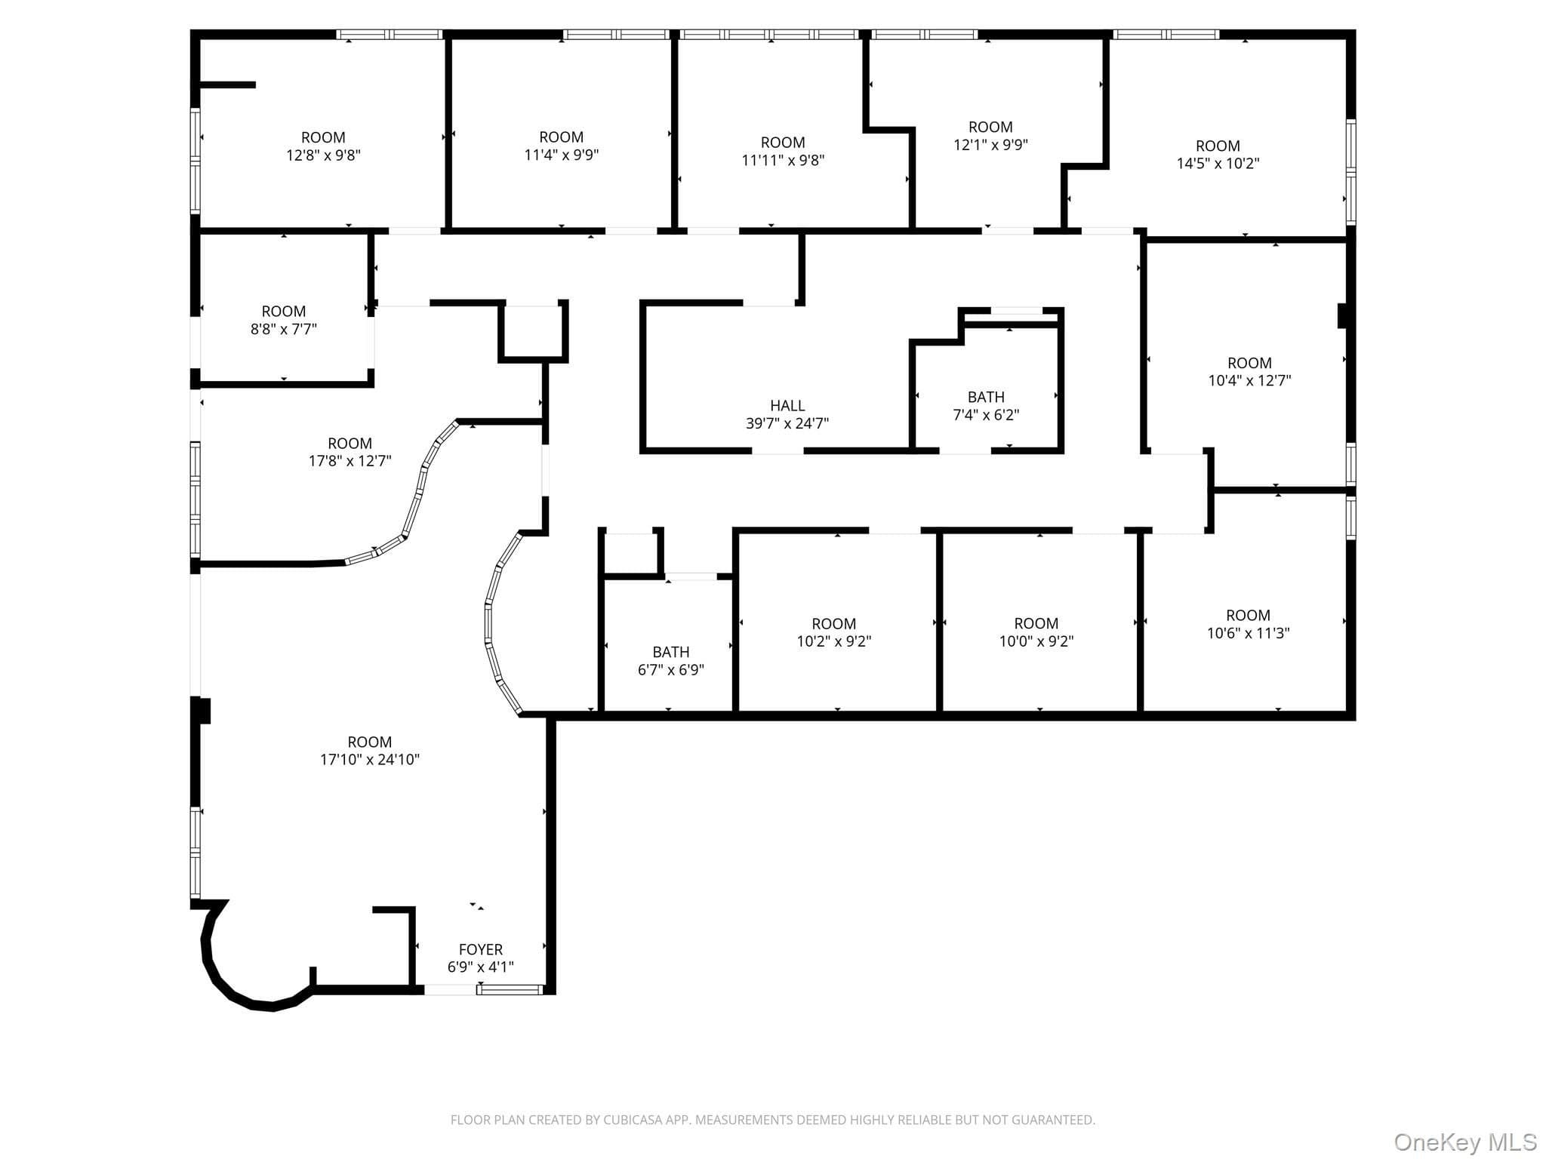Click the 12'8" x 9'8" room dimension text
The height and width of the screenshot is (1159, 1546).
pos(323,155)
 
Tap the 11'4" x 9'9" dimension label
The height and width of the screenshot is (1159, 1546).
pos(561,155)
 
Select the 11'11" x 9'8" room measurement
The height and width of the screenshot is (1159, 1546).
pos(783,160)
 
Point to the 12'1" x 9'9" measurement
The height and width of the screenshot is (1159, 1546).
pos(990,144)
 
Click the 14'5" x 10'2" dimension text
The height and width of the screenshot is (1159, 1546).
pos(1218,163)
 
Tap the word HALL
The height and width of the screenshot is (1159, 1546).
pos(787,405)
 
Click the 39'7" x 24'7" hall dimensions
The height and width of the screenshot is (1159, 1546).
pos(787,423)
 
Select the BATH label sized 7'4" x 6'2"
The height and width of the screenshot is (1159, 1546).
pos(986,397)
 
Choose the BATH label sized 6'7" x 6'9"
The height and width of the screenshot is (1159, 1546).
pos(670,652)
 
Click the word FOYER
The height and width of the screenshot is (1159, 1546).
pos(481,949)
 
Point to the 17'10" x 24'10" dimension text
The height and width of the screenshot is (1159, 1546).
pos(370,759)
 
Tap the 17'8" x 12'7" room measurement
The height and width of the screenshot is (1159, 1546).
pos(350,460)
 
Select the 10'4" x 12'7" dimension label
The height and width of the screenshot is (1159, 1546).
pos(1249,380)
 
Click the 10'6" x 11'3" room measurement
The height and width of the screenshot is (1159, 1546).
pos(1248,633)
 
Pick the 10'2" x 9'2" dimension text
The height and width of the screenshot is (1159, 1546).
pos(833,641)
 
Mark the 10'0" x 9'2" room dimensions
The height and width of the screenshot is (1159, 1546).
pos(1036,641)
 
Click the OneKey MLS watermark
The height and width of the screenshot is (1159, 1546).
pos(1465,1142)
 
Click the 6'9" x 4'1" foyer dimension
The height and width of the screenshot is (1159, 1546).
pos(481,967)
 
